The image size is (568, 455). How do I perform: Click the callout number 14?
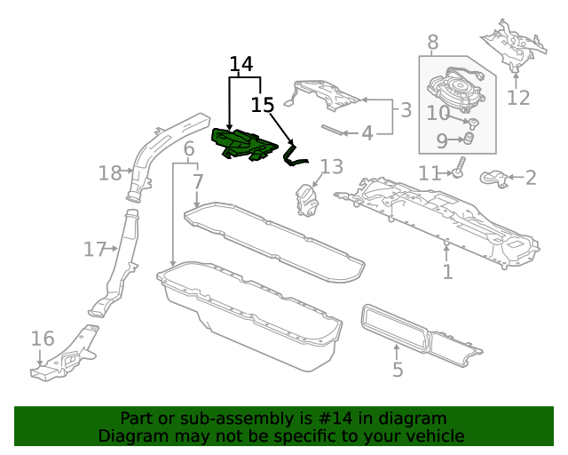click(241, 64)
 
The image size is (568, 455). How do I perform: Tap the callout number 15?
click(262, 105)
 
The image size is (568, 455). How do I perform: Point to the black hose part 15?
click(294, 156)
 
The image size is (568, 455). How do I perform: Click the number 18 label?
click(109, 173)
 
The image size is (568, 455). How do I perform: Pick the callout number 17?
click(94, 250)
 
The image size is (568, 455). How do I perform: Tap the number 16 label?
click(43, 339)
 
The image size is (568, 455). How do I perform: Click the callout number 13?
click(331, 166)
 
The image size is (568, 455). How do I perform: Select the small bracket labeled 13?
click(307, 199)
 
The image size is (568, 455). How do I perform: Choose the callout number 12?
click(517, 97)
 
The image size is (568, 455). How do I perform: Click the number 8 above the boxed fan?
click(432, 42)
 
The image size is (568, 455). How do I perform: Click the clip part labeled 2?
click(493, 180)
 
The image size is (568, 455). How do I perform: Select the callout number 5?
click(398, 369)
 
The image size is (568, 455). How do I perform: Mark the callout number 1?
click(447, 271)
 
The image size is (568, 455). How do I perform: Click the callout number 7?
click(197, 182)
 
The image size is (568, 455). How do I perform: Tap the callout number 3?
click(406, 110)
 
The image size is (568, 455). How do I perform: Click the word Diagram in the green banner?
click(131, 435)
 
